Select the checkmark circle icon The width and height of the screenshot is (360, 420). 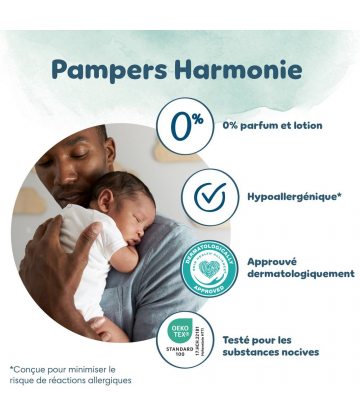(x=209, y=195)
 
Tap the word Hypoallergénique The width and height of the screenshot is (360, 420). (x=292, y=196)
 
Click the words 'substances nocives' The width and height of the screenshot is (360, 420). (x=298, y=352)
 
